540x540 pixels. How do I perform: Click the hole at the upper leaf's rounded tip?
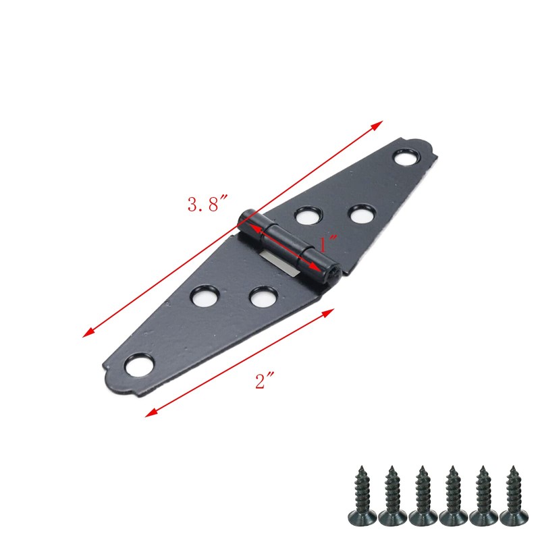coord(406,159)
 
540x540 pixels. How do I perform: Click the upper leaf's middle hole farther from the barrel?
coord(361,213)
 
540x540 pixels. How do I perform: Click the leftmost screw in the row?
coord(361,495)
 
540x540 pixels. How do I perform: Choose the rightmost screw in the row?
coord(514,495)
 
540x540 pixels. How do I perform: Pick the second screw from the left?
coord(391,495)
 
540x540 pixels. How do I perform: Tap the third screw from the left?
coord(422,495)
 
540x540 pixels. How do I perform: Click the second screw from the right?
coord(483,495)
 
